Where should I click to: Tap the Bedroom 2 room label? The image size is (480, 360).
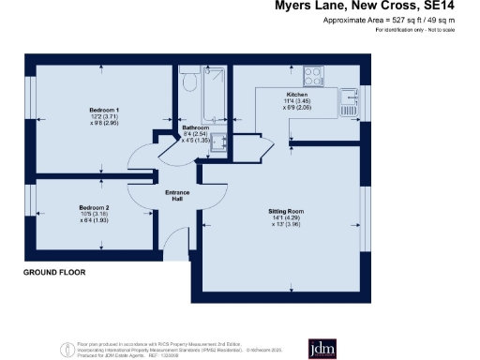coord(94,207)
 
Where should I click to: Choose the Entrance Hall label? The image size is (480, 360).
coord(177,195)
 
